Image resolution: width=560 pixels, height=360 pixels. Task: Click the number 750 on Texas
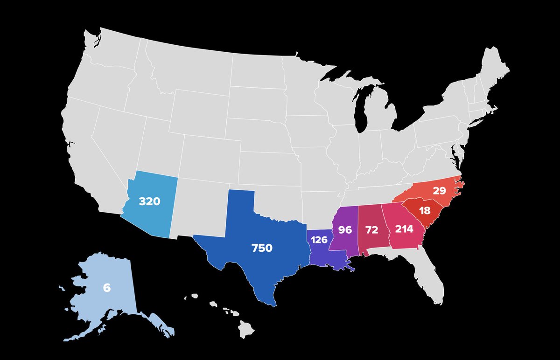(x=262, y=249)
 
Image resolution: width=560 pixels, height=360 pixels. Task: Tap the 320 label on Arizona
(x=149, y=202)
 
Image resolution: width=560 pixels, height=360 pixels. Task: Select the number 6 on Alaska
(x=107, y=288)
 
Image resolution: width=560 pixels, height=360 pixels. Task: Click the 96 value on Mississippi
(x=345, y=229)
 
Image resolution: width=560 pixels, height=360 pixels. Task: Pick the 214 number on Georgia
(x=404, y=229)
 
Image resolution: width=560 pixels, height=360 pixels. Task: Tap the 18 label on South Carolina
(x=425, y=210)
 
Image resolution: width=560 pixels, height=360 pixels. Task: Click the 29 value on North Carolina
(x=439, y=190)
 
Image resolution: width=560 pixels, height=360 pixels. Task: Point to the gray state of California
(x=89, y=154)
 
